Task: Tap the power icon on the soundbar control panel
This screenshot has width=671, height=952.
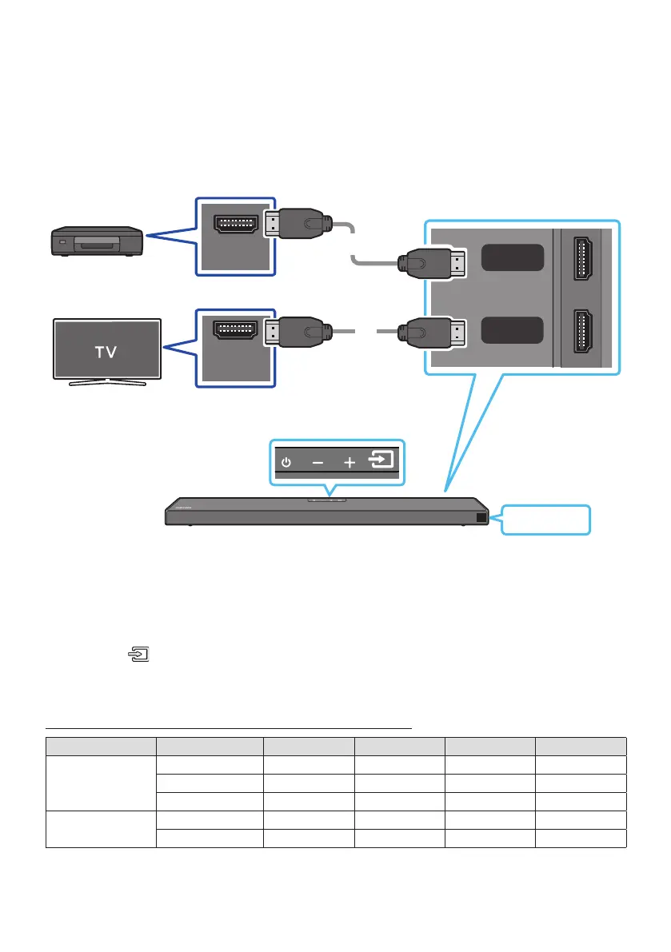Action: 287,462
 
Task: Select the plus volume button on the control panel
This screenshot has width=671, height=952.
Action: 349,462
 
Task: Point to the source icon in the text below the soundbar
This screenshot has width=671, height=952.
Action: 140,655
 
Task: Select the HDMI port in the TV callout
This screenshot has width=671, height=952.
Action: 234,329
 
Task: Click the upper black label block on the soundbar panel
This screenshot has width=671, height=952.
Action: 513,257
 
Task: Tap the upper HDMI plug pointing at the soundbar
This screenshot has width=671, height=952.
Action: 433,262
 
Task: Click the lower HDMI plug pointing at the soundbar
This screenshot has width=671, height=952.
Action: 433,330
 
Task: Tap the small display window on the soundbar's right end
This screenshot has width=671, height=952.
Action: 479,517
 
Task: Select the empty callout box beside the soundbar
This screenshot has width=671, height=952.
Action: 546,520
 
